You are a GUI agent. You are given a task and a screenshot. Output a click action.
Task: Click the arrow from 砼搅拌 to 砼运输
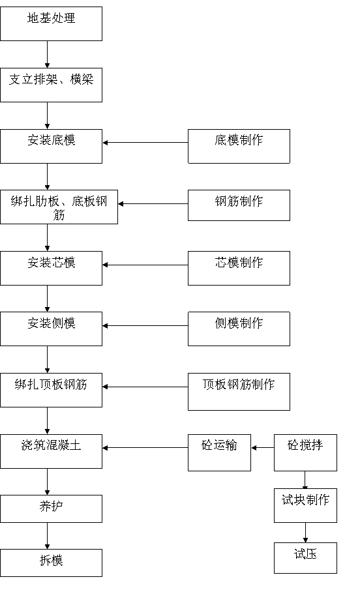[x=262, y=448]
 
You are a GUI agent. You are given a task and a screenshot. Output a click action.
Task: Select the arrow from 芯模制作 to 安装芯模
[x=145, y=265]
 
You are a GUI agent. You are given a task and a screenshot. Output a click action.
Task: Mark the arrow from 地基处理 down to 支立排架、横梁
[x=48, y=55]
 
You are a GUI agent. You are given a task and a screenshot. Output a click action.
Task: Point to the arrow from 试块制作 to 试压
[x=305, y=533]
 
